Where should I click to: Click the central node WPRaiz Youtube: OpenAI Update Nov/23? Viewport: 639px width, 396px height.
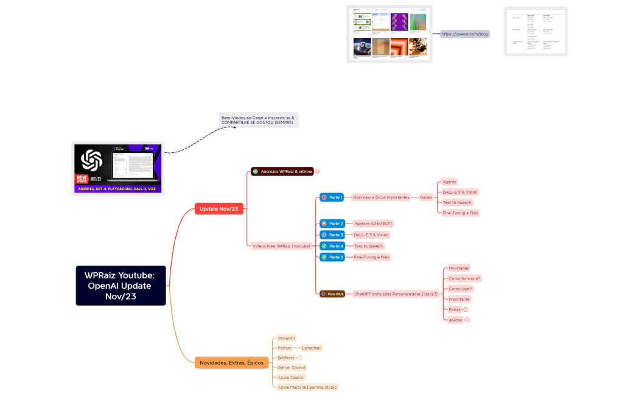coord(120,285)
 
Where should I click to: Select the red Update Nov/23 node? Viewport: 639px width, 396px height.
coord(219,209)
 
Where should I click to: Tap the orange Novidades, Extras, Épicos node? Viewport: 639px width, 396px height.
coord(231,362)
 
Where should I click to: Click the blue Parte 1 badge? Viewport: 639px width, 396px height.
coord(332,197)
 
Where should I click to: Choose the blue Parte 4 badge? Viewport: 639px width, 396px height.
coord(333,246)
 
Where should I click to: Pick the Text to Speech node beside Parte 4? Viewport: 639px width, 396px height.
coord(368,246)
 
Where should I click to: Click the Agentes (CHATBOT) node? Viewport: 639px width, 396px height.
coord(374,224)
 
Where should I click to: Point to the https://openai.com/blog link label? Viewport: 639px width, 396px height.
coord(465,34)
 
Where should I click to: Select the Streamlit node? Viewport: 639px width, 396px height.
coord(286,338)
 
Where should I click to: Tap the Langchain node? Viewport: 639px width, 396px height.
coord(312,348)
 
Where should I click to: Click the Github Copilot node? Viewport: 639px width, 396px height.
coord(292,367)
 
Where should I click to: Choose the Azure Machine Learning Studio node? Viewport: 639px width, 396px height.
coord(307,387)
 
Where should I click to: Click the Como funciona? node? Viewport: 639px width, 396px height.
coord(464,278)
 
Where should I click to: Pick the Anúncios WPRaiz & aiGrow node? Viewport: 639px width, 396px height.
coord(282,172)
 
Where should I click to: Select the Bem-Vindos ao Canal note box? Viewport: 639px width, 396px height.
coord(259,120)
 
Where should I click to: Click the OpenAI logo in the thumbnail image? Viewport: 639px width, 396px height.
coord(91,161)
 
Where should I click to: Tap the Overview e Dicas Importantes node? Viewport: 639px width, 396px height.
coord(381,197)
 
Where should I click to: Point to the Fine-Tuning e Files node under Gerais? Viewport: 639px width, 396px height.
coord(460,213)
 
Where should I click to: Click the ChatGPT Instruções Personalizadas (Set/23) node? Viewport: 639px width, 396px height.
coord(396,294)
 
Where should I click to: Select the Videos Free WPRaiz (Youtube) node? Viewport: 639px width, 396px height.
coord(281,246)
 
